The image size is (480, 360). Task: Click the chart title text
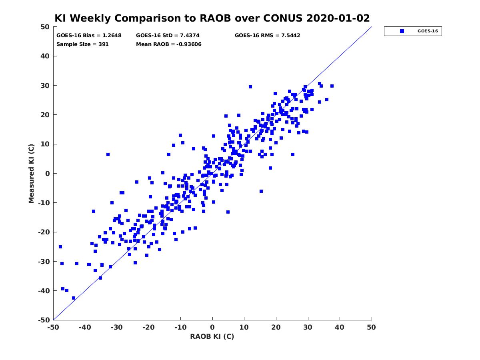point(212,18)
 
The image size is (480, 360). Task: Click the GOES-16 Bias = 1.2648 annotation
point(89,36)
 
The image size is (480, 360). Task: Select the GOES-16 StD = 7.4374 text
point(168,36)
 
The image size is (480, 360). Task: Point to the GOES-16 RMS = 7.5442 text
point(267,36)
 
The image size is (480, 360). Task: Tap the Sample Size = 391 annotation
point(82,44)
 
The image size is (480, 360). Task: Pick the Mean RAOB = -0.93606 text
point(169,44)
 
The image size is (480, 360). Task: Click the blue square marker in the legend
point(402,31)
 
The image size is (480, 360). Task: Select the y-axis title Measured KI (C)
point(31,173)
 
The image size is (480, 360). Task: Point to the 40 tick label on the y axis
point(45,56)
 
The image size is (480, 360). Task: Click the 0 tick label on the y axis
point(48,174)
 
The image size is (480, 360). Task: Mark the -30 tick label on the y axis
point(44,262)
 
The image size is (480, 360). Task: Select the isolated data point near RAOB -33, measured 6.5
point(108,154)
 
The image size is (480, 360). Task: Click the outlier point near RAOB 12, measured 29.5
point(250,87)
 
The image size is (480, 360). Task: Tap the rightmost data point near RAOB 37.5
point(332,86)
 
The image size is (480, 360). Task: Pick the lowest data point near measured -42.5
point(74,298)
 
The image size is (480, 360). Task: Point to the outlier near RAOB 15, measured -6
point(261,191)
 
